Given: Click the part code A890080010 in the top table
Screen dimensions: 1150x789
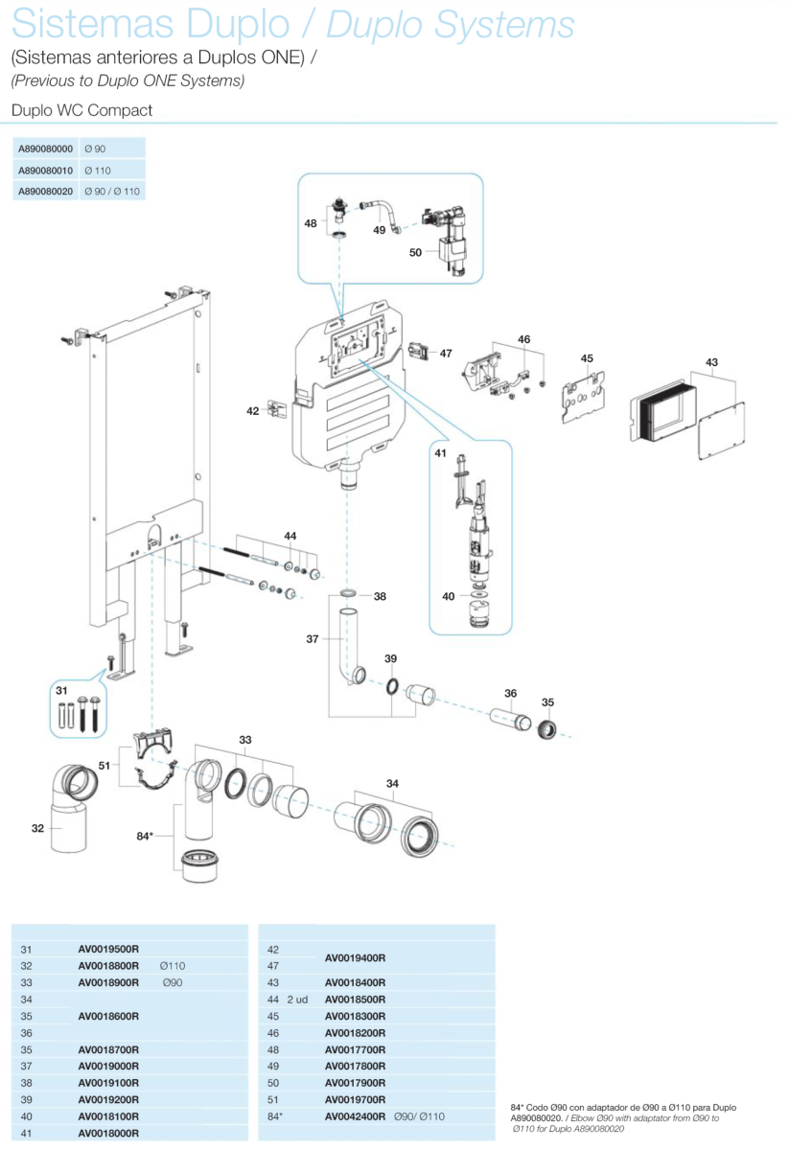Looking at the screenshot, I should [x=46, y=170].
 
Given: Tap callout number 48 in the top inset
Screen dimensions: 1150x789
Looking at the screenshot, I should [x=311, y=223].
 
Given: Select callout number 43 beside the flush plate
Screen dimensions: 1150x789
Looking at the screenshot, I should [x=711, y=362].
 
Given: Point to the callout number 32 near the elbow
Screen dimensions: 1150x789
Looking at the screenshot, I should [x=37, y=828].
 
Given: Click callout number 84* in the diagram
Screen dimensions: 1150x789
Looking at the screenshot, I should [x=145, y=836].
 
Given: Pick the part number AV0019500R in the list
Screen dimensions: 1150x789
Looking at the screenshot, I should [x=108, y=949].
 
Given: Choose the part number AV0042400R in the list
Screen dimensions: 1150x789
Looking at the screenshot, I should [x=355, y=1116].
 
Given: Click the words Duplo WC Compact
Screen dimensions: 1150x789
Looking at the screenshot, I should [x=81, y=110].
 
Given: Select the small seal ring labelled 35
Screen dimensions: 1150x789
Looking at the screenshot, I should [x=547, y=730].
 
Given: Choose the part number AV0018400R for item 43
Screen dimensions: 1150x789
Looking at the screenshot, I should [x=355, y=982].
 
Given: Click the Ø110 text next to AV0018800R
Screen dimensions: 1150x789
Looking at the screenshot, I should [x=173, y=966].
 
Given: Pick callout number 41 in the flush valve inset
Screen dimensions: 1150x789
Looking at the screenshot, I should [x=441, y=453].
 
